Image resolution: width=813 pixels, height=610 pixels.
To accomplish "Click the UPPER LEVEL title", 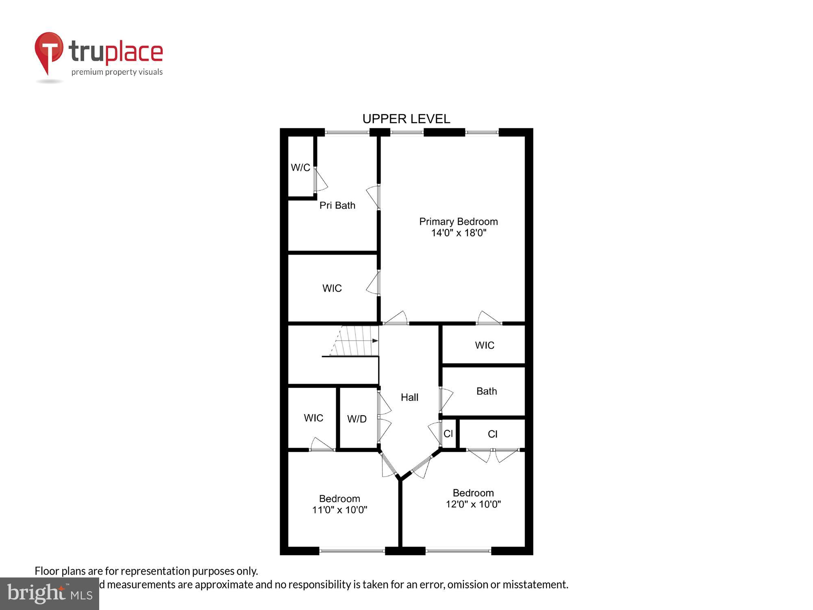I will coord(406,119).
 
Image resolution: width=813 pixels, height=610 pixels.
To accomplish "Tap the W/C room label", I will coord(300,168).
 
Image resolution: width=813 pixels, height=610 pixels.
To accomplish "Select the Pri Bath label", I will coord(337,205).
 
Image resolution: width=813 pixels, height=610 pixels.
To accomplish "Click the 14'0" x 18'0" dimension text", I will coord(459,233).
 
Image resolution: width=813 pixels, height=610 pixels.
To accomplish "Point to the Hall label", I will coord(409,397).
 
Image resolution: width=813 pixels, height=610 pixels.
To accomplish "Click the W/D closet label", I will coord(357,419).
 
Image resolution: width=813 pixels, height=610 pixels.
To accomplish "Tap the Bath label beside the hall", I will coord(487,391).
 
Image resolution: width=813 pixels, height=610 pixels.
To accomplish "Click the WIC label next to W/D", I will coord(313,418).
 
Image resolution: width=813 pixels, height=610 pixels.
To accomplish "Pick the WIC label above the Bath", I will coord(485,345).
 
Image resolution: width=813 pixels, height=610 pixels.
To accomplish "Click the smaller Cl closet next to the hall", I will coord(448,434).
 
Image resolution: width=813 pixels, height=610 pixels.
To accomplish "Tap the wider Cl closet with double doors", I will coord(492,434).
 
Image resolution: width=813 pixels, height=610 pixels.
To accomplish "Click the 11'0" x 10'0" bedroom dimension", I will coord(339,510).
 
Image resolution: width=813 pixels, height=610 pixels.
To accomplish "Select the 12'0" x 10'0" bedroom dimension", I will coord(473,504).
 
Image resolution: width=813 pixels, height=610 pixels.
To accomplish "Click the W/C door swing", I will coord(321,181).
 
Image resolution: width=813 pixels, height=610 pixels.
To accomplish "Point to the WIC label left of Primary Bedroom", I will coord(332,288).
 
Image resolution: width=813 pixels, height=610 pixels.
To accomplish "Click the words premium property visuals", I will coord(117,72).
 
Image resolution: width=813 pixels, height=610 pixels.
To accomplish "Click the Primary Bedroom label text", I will coord(459,222).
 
